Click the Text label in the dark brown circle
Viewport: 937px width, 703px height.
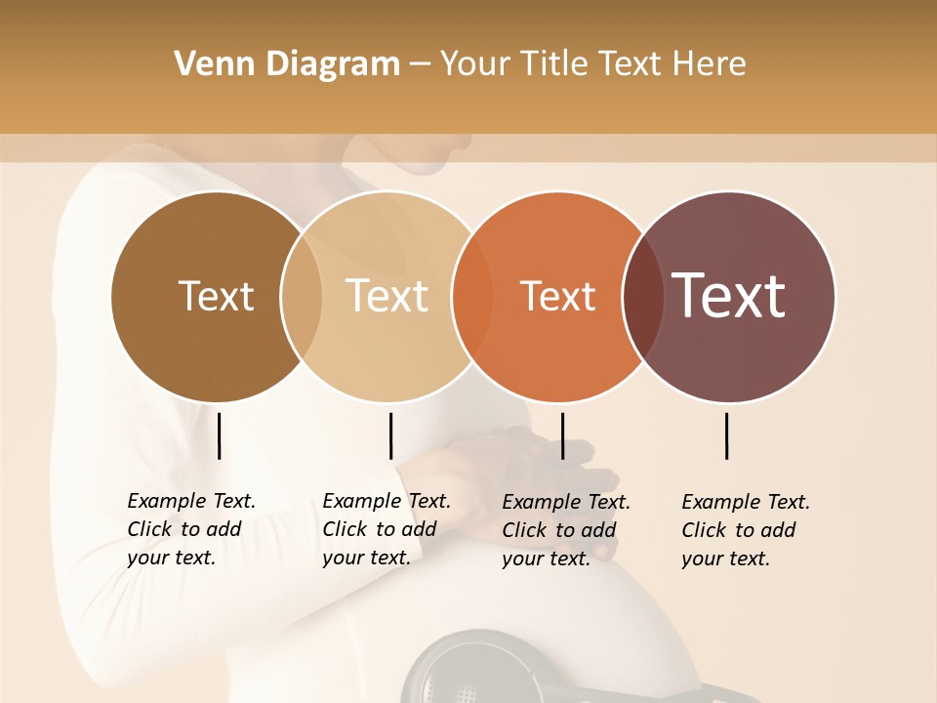click(216, 296)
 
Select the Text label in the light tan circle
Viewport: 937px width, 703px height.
click(387, 296)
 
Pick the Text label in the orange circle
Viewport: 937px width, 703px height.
click(557, 297)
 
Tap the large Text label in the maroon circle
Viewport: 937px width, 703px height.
click(729, 296)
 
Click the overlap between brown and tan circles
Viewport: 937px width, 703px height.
click(302, 297)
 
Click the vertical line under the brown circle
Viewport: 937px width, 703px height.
click(220, 435)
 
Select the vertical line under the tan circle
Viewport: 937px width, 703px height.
click(390, 435)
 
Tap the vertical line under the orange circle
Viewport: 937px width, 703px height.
click(562, 435)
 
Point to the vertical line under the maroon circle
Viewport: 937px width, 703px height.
click(727, 435)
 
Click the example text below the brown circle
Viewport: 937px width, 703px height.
click(190, 529)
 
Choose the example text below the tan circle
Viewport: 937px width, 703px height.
click(386, 529)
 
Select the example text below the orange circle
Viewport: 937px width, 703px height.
click(565, 530)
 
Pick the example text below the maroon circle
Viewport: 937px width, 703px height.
click(745, 530)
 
